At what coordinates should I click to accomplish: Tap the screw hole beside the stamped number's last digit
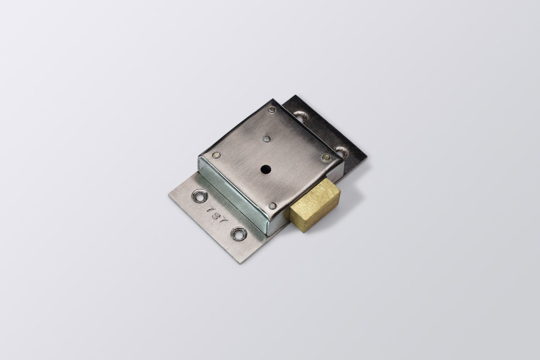click(238, 233)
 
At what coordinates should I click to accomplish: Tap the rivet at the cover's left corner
click(216, 155)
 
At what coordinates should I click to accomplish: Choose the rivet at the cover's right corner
click(325, 157)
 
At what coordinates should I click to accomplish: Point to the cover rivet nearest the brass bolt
click(272, 206)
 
